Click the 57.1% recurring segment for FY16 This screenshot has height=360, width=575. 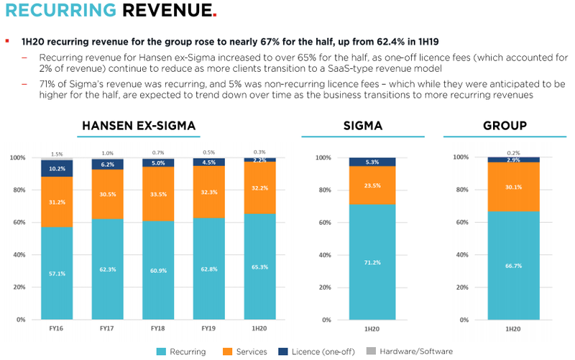tap(57, 273)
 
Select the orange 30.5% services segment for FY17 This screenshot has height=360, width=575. tap(109, 194)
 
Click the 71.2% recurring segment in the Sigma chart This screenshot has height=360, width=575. tap(372, 262)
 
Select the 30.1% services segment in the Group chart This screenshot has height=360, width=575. tap(513, 187)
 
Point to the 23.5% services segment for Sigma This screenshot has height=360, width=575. tap(372, 185)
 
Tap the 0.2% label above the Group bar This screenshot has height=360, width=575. tap(513, 152)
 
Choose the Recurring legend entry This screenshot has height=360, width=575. tap(183, 351)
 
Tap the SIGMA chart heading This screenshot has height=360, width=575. tap(363, 126)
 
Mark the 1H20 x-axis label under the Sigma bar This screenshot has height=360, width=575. tap(372, 328)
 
